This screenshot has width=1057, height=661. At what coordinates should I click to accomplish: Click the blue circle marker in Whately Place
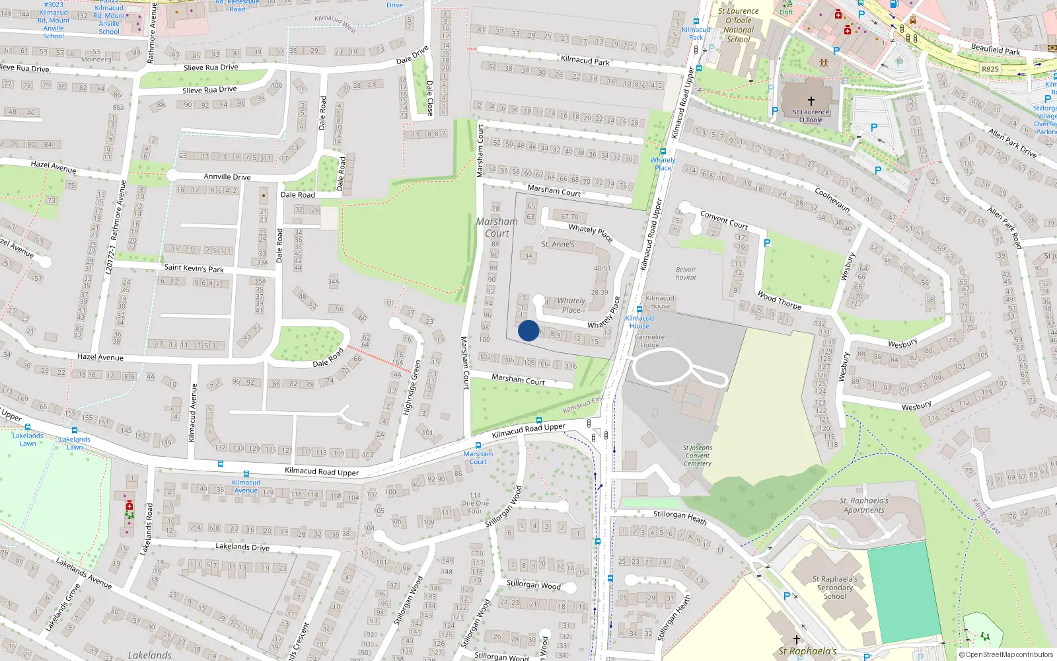pyautogui.click(x=528, y=330)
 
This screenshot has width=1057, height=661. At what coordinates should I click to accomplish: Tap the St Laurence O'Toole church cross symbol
pyautogui.click(x=811, y=101)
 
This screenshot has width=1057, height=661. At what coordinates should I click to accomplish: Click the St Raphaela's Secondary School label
pyautogui.click(x=835, y=588)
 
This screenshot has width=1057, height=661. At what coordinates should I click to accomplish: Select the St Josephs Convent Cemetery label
pyautogui.click(x=698, y=455)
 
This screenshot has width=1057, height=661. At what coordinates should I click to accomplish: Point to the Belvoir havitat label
pyautogui.click(x=686, y=274)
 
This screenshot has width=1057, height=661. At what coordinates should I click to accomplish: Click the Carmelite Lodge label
pyautogui.click(x=649, y=341)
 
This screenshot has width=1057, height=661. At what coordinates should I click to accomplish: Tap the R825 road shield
pyautogui.click(x=990, y=69)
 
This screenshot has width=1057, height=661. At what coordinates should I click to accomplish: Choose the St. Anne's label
pyautogui.click(x=558, y=245)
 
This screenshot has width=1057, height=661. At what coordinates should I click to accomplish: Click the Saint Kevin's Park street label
pyautogui.click(x=194, y=268)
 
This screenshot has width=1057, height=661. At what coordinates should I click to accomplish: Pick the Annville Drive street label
pyautogui.click(x=227, y=177)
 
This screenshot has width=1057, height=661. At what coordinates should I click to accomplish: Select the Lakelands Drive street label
pyautogui.click(x=242, y=547)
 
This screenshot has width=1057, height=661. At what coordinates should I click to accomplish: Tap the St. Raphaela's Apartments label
pyautogui.click(x=863, y=506)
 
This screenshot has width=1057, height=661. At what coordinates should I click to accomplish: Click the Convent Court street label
pyautogui.click(x=724, y=220)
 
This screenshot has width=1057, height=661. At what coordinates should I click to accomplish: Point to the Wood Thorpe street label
pyautogui.click(x=779, y=301)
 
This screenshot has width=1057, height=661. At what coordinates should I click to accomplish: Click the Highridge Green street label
pyautogui.click(x=412, y=387)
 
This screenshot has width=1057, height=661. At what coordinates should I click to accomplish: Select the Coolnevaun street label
pyautogui.click(x=832, y=199)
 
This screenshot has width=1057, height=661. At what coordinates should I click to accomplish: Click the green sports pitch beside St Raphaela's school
pyautogui.click(x=903, y=592)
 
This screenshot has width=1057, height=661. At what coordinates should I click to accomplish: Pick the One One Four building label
pyautogui.click(x=476, y=503)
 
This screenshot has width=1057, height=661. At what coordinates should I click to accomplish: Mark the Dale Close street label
pyautogui.click(x=430, y=98)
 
